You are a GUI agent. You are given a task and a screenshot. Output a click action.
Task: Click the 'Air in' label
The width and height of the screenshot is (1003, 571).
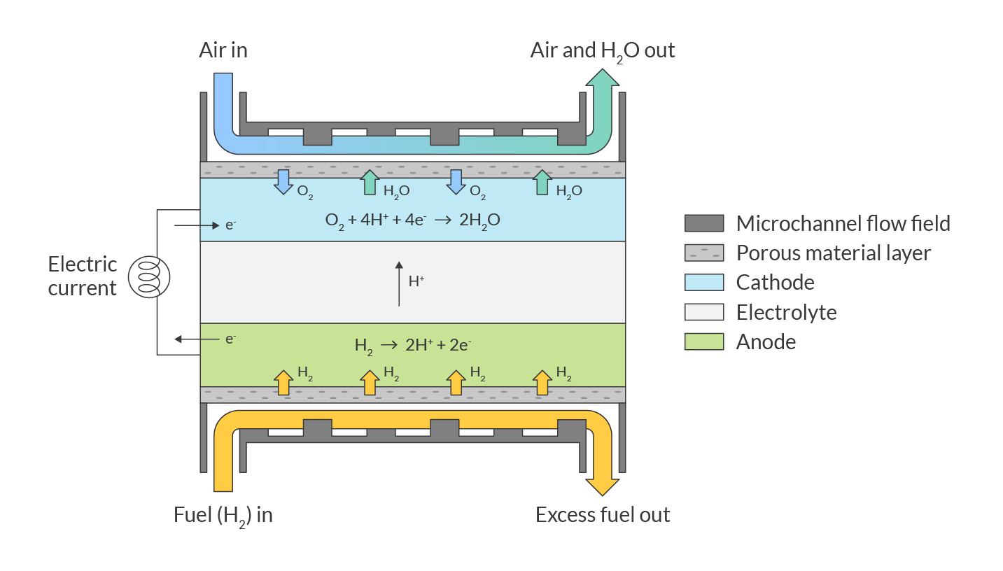[x=223, y=50]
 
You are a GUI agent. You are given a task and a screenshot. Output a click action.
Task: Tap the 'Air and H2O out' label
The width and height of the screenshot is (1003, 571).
[x=602, y=50]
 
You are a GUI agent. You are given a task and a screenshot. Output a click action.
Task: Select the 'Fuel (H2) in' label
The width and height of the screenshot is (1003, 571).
[x=223, y=516]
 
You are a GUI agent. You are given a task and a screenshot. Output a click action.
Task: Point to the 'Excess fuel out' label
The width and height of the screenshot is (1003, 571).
[x=602, y=516]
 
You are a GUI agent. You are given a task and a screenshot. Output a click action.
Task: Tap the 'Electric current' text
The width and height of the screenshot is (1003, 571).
[x=82, y=276]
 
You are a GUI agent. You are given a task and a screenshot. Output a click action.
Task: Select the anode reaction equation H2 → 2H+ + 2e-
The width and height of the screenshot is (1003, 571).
[x=412, y=345]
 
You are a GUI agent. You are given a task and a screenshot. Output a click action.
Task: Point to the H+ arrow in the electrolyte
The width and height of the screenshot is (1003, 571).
[x=399, y=283]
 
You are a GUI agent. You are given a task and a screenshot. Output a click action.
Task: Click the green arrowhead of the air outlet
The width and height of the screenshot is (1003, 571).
[x=601, y=77]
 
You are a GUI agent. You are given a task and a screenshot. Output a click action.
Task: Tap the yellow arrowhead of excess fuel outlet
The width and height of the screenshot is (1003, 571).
[x=602, y=487]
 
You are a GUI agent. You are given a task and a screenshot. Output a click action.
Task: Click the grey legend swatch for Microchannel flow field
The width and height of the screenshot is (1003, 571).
[x=703, y=223]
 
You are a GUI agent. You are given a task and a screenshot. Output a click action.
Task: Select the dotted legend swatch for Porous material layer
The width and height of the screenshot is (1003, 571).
[x=703, y=253]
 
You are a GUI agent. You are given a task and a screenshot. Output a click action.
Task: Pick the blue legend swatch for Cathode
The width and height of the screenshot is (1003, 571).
[x=703, y=283]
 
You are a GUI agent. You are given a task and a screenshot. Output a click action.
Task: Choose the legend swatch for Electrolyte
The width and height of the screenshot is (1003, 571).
[x=703, y=312]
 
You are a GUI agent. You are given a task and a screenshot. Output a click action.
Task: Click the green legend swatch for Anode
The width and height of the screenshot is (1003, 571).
[x=703, y=341]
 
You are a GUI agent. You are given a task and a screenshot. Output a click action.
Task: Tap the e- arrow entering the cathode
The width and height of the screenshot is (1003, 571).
[x=197, y=226]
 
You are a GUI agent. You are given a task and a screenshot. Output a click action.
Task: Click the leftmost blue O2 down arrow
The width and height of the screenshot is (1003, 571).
[x=283, y=181]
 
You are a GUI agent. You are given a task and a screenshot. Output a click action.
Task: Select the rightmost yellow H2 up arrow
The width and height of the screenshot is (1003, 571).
[x=541, y=382]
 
